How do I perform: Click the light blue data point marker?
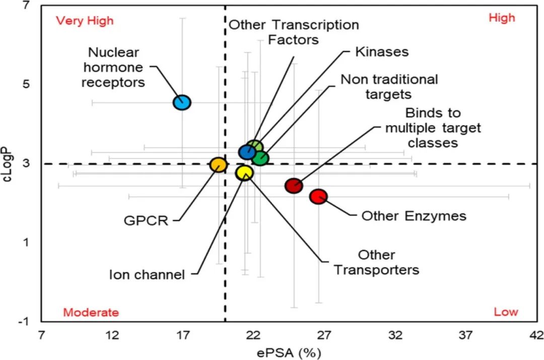point(182,103)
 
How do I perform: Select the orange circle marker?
point(219,165)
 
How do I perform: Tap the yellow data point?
point(245,173)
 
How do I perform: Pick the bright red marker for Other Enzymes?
point(318,197)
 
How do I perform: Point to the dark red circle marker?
point(294,186)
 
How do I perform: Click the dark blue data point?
point(247,152)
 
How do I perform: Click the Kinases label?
point(382,52)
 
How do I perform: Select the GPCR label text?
point(146,221)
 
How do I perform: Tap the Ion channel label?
point(147,275)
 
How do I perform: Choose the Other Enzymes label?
point(414,216)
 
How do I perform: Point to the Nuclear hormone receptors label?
point(113,67)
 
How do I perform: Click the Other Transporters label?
point(376,262)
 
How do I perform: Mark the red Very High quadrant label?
point(85,21)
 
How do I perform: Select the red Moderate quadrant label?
point(91,313)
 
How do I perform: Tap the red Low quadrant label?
point(506,312)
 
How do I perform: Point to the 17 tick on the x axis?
point(183,335)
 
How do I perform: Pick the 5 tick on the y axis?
point(26,84)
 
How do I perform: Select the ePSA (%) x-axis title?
point(289,353)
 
